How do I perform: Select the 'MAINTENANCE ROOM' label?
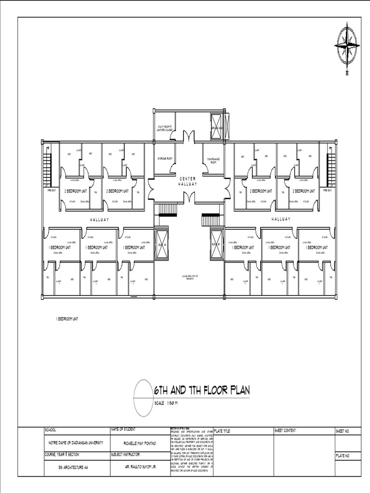click(213, 161)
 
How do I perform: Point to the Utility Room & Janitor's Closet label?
click(164, 128)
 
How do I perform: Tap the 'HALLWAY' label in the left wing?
click(99, 219)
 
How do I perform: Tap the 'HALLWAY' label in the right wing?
click(281, 219)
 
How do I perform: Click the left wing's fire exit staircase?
click(47, 171)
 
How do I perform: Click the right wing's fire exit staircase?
click(331, 171)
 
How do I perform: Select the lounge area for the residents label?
click(188, 276)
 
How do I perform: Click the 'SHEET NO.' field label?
click(342, 431)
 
